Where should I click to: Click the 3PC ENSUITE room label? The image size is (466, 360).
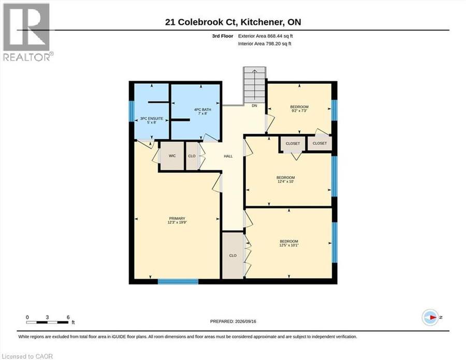(152, 118)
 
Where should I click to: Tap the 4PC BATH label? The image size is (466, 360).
(202, 110)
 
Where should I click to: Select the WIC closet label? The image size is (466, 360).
(172, 156)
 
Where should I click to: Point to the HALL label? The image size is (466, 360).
(228, 156)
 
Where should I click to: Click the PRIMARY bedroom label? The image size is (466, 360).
(177, 218)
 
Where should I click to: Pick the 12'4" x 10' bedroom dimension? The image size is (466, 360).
(285, 182)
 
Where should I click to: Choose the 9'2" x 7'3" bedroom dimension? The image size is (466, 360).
(299, 110)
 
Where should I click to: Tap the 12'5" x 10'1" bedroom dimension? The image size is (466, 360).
(289, 245)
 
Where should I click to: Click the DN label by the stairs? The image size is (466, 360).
(254, 106)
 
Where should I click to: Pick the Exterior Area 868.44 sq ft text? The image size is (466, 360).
(266, 36)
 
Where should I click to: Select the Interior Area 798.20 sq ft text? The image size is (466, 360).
(265, 43)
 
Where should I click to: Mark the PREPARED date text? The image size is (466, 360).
(233, 321)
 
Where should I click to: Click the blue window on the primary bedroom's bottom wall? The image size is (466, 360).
(178, 281)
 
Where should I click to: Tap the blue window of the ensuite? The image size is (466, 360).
(132, 111)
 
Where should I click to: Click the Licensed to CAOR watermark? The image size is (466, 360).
(27, 356)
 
